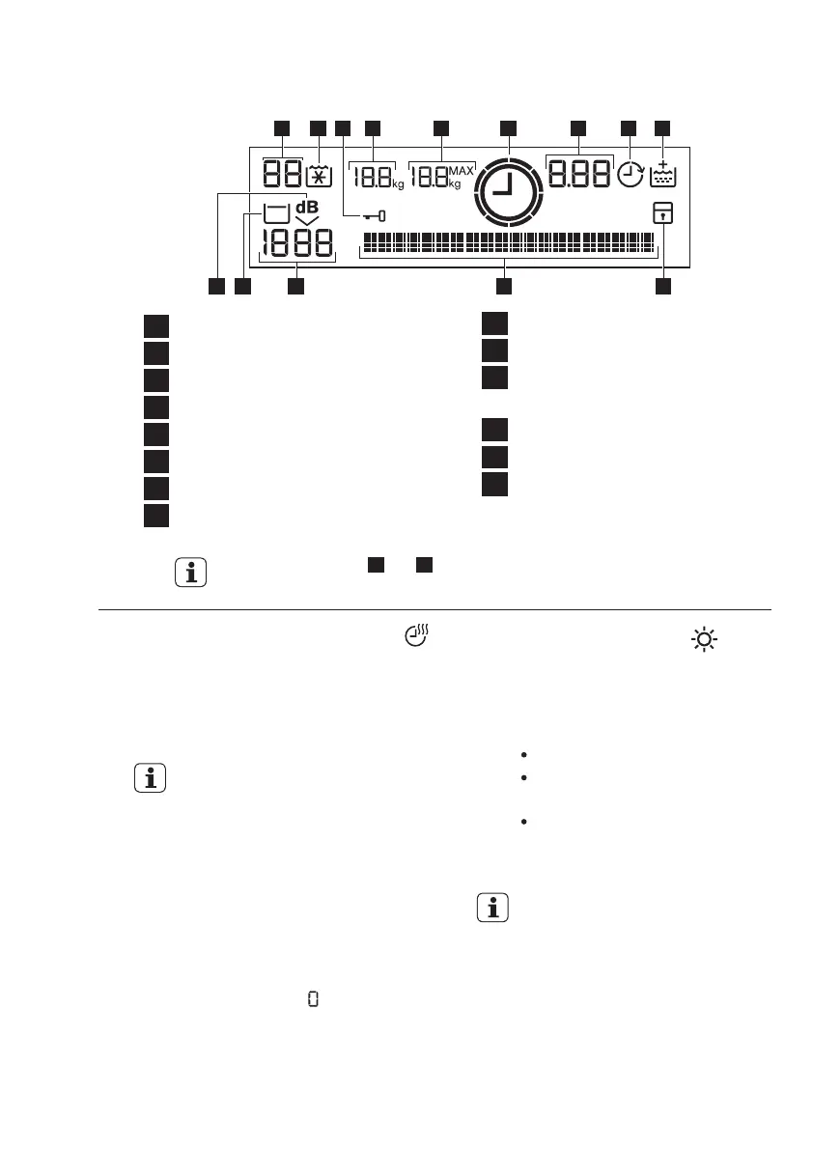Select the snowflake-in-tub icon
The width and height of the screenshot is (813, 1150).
(x=318, y=175)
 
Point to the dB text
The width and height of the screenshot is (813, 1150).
(x=306, y=206)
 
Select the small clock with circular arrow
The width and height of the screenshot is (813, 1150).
(x=631, y=175)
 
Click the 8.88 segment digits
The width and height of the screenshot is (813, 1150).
(x=579, y=174)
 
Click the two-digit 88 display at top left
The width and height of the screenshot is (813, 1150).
(x=281, y=175)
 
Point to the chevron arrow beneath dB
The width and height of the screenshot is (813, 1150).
(x=307, y=221)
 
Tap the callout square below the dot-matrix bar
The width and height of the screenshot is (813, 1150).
(x=502, y=287)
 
